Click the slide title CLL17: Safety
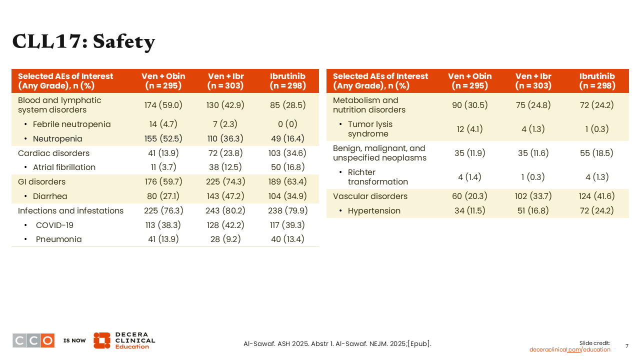pos(83,41)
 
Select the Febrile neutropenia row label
pos(71,124)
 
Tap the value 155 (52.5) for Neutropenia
pos(163,138)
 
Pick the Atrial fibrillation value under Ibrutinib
pos(287,167)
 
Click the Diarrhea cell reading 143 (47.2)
pos(225,196)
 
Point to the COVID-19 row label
pos(54,225)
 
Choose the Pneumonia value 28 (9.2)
pos(225,239)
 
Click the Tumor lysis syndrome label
pos(370,129)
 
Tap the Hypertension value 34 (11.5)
pos(469,210)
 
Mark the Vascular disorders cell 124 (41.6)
pos(596,196)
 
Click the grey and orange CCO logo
pos(33,340)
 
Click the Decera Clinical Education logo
pos(124,340)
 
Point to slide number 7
pos(627,346)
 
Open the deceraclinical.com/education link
pos(569,349)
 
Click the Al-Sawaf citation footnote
pos(337,343)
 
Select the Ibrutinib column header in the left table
pos(287,81)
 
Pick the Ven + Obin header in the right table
pos(469,81)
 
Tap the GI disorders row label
pos(41,181)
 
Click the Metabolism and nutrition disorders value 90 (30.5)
pos(469,105)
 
